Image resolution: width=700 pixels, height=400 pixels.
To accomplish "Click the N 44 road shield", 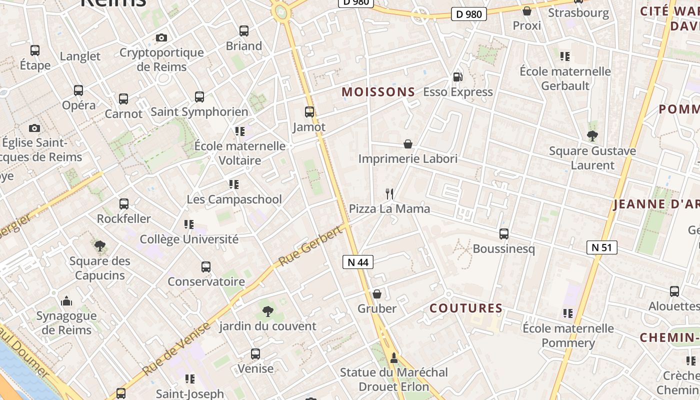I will click(x=358, y=261).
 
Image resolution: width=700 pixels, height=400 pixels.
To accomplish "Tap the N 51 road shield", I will click(x=602, y=247).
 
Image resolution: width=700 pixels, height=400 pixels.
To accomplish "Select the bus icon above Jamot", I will click(x=309, y=112).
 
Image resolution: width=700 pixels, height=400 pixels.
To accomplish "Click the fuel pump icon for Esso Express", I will click(x=457, y=77).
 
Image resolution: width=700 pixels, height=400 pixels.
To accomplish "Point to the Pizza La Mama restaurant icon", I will click(x=389, y=193).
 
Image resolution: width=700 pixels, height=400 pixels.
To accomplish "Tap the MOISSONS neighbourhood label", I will click(x=378, y=92).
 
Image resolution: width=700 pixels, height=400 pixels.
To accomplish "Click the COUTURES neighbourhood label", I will click(x=466, y=308).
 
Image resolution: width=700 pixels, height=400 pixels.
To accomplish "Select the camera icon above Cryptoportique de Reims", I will click(x=161, y=37).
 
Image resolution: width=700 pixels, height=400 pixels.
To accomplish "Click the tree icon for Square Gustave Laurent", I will click(x=592, y=135).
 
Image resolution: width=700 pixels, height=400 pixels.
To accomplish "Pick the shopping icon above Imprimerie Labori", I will click(x=408, y=144).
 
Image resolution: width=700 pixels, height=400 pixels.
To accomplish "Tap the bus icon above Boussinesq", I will click(x=504, y=233).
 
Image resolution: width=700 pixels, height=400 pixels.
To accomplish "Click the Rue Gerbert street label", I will click(x=310, y=245).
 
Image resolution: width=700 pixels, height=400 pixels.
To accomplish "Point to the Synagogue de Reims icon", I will click(x=66, y=301).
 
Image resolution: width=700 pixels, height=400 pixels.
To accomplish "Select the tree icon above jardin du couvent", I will click(x=268, y=311).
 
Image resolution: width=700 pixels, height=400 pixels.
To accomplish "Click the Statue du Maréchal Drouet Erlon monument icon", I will click(x=394, y=357).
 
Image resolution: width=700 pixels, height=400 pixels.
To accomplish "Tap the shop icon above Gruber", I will click(x=377, y=294).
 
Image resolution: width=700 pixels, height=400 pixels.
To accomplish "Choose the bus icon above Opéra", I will click(x=78, y=90).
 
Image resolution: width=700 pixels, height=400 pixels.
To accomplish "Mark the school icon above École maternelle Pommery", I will click(x=567, y=313).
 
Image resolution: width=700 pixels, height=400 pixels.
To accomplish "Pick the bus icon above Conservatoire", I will click(x=206, y=267).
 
